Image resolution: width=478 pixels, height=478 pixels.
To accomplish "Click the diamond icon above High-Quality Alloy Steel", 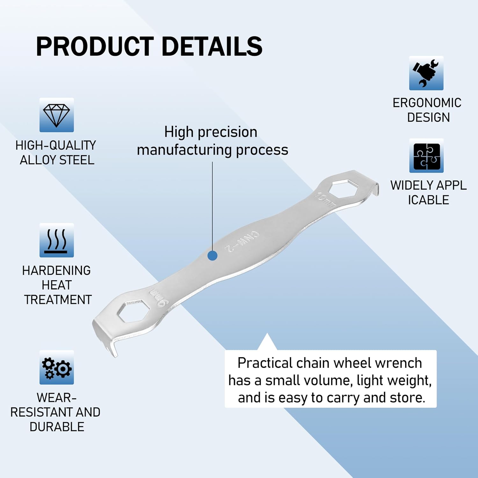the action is pyautogui.click(x=56, y=115).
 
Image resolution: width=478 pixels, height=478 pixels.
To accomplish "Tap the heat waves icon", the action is pyautogui.click(x=56, y=240).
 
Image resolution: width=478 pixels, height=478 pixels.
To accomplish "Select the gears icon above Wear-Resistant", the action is pyautogui.click(x=56, y=367).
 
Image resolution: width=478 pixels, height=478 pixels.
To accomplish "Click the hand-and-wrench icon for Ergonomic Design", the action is pyautogui.click(x=426, y=73).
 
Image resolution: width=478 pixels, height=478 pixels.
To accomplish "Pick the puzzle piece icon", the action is pyautogui.click(x=426, y=156).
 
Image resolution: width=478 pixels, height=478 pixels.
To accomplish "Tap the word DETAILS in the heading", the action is pyautogui.click(x=212, y=47).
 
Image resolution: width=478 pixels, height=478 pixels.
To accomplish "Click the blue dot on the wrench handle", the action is pyautogui.click(x=213, y=256).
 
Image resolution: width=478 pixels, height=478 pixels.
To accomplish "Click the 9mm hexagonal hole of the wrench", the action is pyautogui.click(x=134, y=311).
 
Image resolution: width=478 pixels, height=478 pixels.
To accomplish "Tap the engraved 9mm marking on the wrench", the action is pyautogui.click(x=158, y=297).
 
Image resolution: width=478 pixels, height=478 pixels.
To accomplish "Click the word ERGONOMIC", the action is pyautogui.click(x=427, y=103).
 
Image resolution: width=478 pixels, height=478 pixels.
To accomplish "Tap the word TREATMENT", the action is pyautogui.click(x=58, y=300).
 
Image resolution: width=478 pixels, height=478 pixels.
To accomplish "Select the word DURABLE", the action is pyautogui.click(x=57, y=427).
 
